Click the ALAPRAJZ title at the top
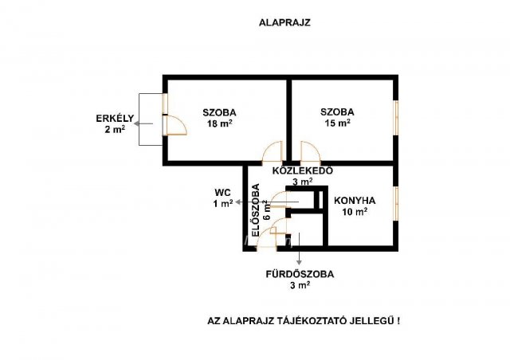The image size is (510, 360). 284,23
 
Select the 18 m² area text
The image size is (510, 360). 220,123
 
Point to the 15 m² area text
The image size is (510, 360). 337,123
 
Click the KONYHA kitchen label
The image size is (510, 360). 355,201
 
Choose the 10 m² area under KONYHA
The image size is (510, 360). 355,212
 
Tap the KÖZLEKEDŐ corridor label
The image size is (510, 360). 303,170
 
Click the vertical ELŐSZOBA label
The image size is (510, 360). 256,210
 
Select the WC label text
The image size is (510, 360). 223,192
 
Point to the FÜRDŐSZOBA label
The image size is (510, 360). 300,274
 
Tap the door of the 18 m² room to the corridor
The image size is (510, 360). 273,151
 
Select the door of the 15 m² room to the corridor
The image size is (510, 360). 311,151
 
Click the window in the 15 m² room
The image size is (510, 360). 396,117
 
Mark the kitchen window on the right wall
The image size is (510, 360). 396,204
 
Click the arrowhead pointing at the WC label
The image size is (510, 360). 237,202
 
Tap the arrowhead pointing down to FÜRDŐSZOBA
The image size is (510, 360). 299,263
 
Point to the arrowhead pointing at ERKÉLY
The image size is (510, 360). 136,123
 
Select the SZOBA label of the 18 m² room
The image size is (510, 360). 220,113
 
